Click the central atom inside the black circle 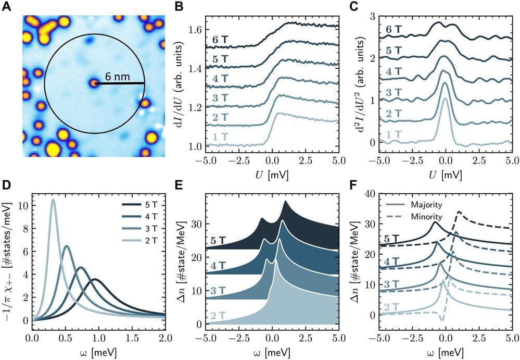click(x=93, y=83)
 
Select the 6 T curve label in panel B click(x=218, y=40)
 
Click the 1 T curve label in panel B click(x=218, y=136)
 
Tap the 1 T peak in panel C click(x=445, y=99)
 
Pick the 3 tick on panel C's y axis click(x=371, y=17)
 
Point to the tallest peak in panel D click(x=53, y=200)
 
